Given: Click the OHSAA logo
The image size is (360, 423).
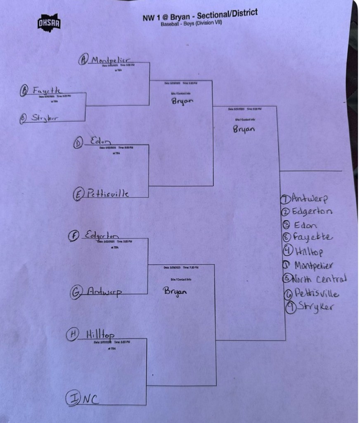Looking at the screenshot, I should pos(49,23).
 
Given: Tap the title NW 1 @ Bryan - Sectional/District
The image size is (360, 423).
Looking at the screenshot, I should pos(200,15).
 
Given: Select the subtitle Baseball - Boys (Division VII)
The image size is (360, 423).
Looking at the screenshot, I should pos(191,24).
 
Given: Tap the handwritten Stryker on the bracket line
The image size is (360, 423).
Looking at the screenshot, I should pos(45,118).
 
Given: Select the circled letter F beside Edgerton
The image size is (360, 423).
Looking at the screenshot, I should pos(73,235).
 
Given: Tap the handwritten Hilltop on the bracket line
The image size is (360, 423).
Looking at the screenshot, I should pos(101,334).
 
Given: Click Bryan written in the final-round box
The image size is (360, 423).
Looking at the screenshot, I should pos(244,129).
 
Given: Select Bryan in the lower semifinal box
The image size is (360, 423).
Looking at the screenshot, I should pos(175,291).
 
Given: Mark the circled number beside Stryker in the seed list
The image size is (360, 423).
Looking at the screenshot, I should pos(291,308).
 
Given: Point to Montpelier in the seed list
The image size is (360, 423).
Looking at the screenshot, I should pos(314,265).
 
